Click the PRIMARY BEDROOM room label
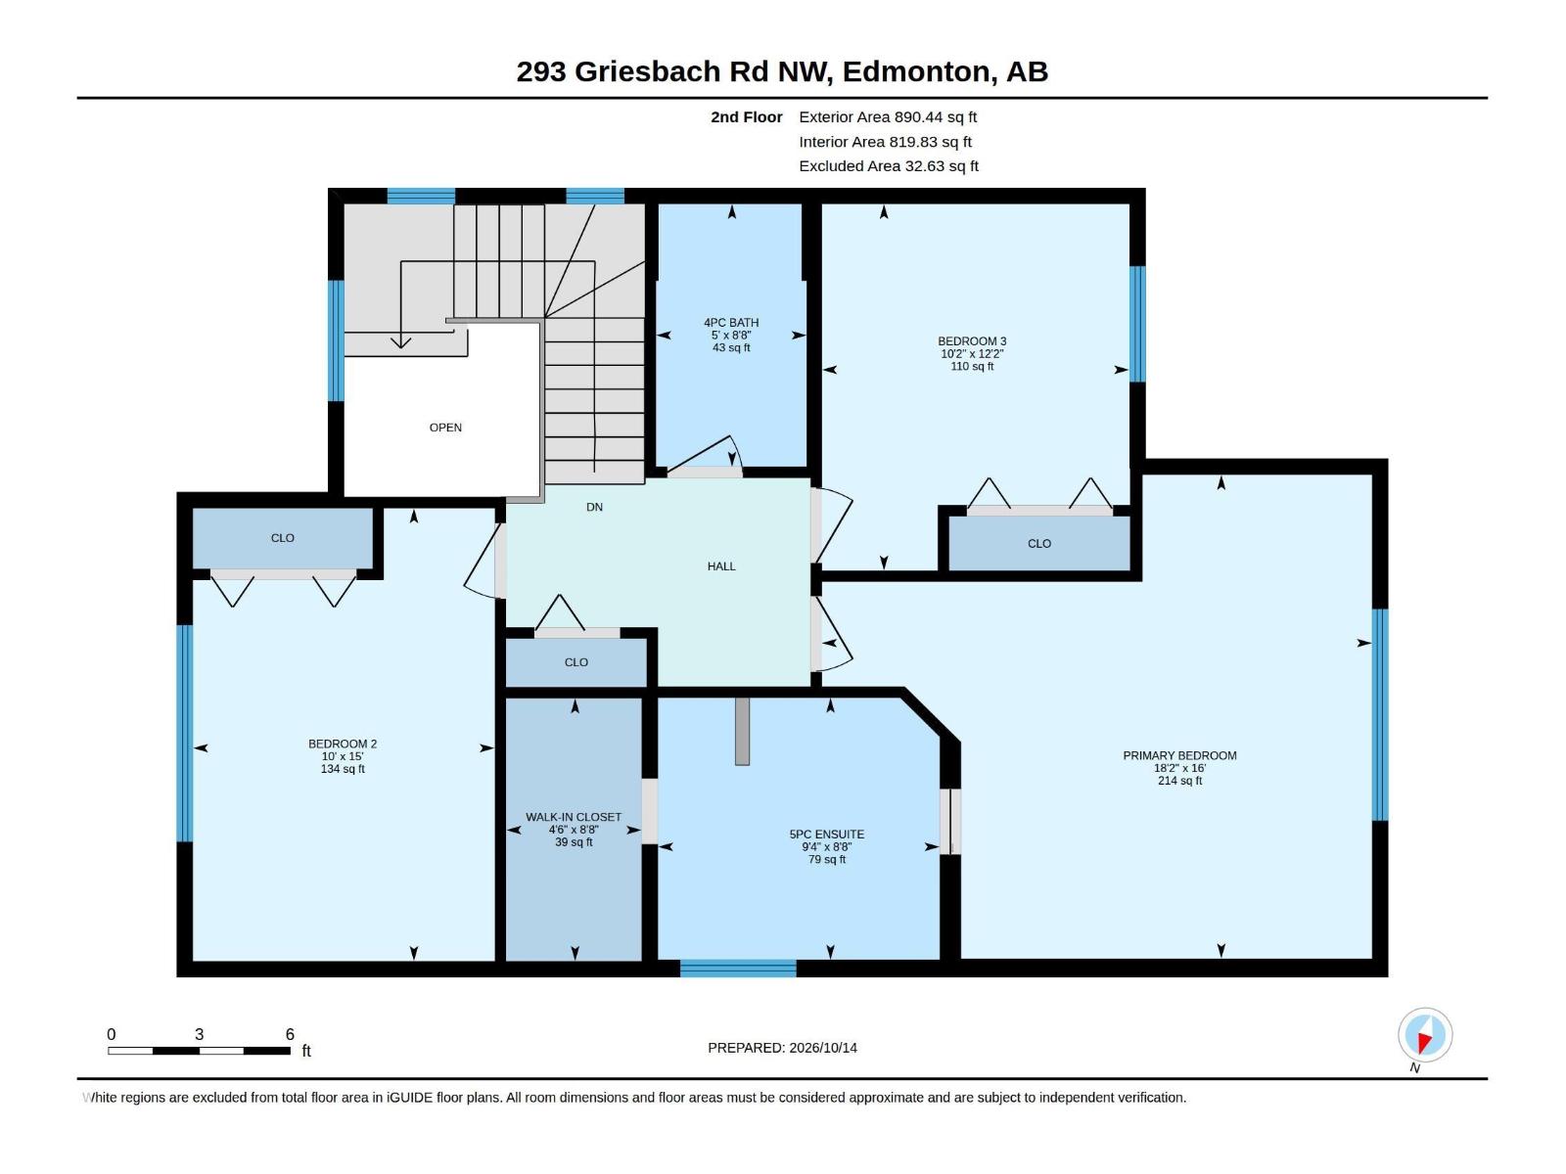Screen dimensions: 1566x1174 [x=1179, y=755]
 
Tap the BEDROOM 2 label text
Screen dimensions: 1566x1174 [x=343, y=744]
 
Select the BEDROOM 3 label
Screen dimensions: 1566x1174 [x=972, y=340]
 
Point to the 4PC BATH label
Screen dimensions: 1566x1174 [x=731, y=322]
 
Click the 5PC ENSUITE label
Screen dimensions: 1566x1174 [x=827, y=834]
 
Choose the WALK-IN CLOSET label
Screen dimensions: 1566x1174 [x=574, y=817]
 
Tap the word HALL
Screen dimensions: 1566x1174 [x=721, y=566]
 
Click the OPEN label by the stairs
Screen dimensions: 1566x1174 [x=445, y=427]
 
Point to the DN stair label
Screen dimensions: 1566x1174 [x=594, y=507]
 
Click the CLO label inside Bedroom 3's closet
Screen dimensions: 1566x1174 [x=1038, y=543]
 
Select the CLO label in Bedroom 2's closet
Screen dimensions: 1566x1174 [x=283, y=537]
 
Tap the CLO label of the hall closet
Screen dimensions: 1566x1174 [x=576, y=662]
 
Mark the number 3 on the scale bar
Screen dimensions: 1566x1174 [x=199, y=1033]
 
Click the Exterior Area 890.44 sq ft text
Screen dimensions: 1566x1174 [x=888, y=116]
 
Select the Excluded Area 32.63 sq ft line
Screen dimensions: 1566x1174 [x=889, y=166]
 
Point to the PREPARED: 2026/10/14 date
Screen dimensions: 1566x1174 [x=782, y=1047]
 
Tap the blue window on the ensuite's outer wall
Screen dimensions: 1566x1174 [x=738, y=968]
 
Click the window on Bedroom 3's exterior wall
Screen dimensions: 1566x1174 [x=1137, y=324]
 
